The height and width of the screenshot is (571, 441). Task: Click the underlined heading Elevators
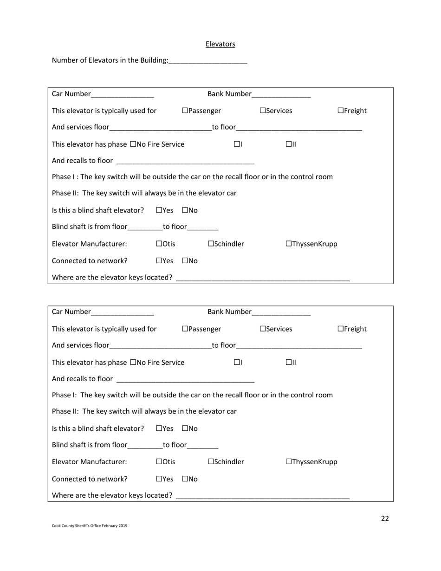point(220,44)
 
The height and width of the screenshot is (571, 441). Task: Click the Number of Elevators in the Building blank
point(208,60)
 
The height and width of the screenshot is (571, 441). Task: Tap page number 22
point(385,519)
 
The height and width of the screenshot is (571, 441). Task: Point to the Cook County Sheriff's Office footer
point(90,526)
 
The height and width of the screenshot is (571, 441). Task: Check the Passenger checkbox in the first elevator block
point(185,110)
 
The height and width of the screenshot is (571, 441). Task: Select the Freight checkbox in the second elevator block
point(341,329)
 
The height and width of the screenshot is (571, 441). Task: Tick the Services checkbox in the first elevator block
point(263,110)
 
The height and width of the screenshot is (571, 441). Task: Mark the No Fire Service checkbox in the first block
point(134,144)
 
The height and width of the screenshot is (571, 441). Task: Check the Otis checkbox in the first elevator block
point(159,244)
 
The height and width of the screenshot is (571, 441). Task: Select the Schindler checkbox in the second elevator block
point(211,462)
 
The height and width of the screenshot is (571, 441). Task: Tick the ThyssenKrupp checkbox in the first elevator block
point(289,244)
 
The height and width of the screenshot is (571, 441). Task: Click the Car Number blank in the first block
point(123,94)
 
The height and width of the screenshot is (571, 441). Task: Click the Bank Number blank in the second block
point(281,312)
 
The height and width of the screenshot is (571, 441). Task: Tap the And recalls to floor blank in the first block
point(185,161)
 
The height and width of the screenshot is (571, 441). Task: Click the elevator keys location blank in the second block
point(263,496)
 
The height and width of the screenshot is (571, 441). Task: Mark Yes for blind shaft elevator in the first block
point(159,210)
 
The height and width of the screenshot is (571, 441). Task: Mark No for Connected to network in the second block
point(185,479)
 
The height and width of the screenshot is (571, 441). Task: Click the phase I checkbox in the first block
point(237,144)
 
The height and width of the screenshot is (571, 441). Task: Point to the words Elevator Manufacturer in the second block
point(89,462)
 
